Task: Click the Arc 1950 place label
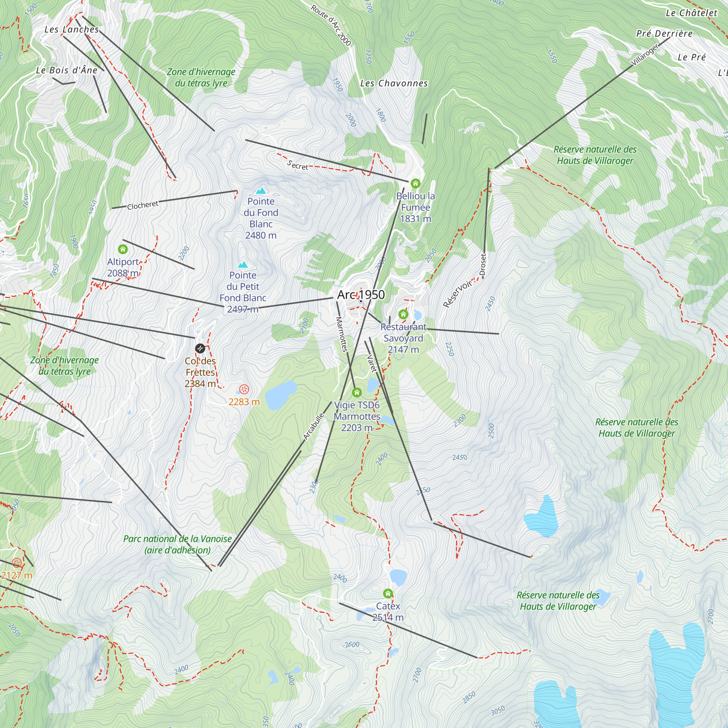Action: (x=361, y=295)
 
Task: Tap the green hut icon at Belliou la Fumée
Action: (x=415, y=183)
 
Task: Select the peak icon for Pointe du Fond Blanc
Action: (x=261, y=191)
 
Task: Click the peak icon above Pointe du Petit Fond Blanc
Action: (x=243, y=265)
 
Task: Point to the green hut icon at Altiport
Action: (x=123, y=249)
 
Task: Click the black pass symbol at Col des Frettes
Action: (x=200, y=348)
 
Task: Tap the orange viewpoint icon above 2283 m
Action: (x=244, y=389)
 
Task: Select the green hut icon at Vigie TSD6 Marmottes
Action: (x=356, y=393)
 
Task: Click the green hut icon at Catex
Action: (x=388, y=594)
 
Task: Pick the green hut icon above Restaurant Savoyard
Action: (x=403, y=314)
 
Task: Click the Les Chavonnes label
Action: (x=394, y=83)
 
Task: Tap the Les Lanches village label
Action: (x=72, y=29)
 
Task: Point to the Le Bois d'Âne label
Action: (x=67, y=70)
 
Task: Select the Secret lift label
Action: (x=297, y=165)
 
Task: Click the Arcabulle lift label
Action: (x=313, y=427)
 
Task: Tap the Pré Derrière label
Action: (x=664, y=33)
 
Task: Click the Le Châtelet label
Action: (x=692, y=13)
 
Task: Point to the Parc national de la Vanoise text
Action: (x=178, y=539)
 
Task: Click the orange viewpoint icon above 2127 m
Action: (x=17, y=563)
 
